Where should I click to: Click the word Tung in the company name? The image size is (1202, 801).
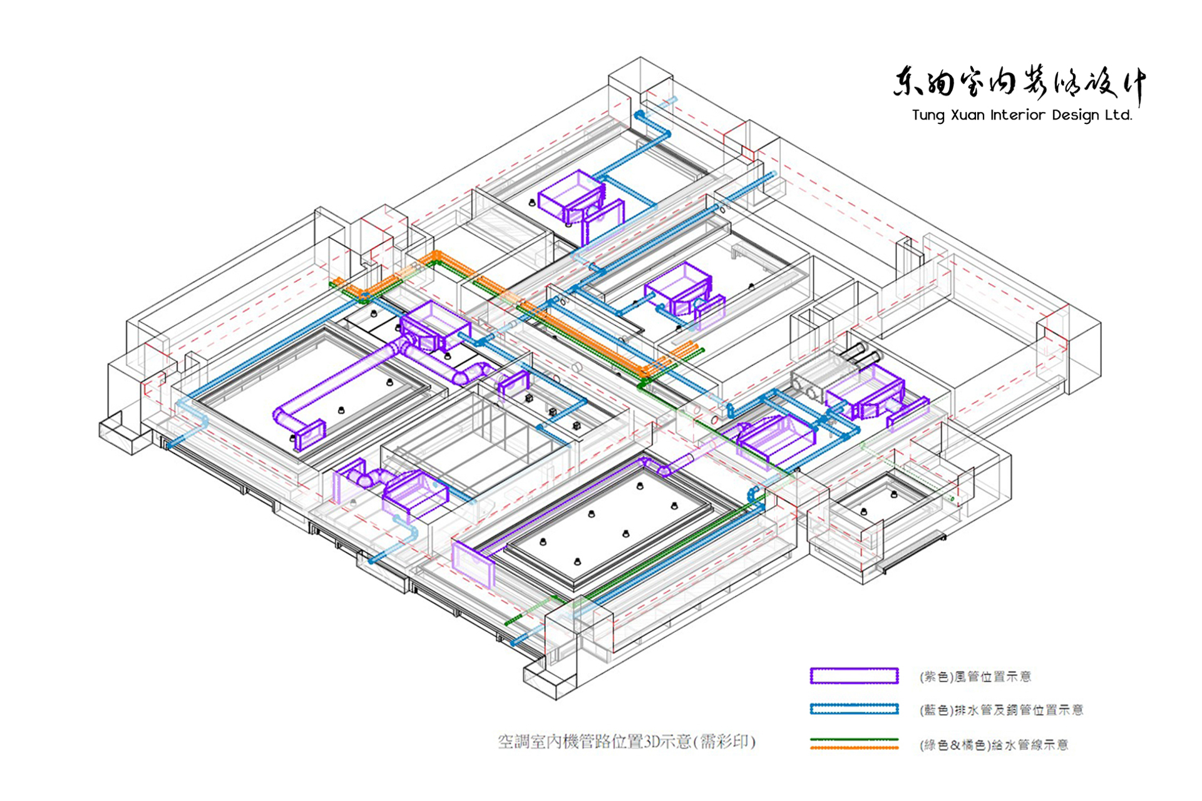tap(928, 115)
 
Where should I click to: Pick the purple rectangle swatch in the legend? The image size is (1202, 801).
tap(854, 676)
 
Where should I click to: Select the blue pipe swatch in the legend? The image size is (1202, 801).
tap(854, 709)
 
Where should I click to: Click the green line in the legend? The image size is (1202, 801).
tap(854, 740)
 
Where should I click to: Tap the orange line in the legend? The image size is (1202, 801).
tap(854, 747)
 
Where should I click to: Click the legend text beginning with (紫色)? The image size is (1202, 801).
tap(975, 676)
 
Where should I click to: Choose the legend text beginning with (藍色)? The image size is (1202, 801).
tap(1001, 710)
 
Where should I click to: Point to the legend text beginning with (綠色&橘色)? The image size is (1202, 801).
tap(994, 745)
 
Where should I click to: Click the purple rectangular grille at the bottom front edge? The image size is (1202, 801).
tap(473, 564)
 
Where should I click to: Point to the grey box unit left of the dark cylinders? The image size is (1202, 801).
tap(818, 375)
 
